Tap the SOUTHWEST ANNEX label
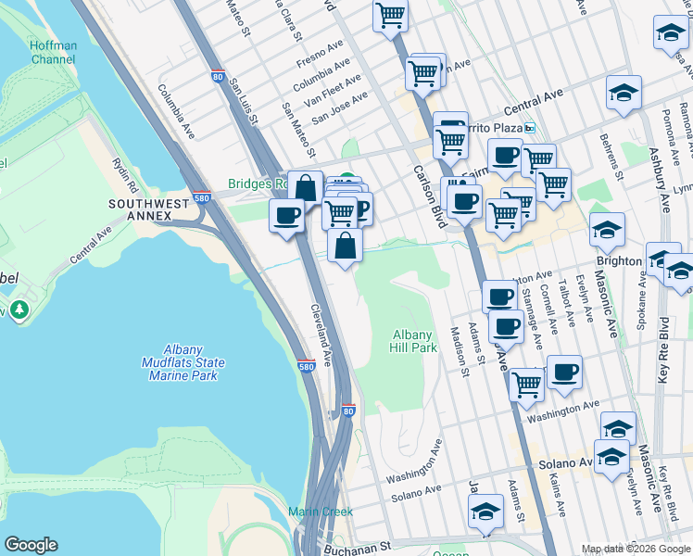[x=140, y=209]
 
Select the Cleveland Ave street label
[x=321, y=335]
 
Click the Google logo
[x=31, y=545]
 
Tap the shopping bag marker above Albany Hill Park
[x=345, y=246]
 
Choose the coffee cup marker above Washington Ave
[x=564, y=373]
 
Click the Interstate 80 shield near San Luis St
[x=217, y=78]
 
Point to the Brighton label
[x=619, y=260]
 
